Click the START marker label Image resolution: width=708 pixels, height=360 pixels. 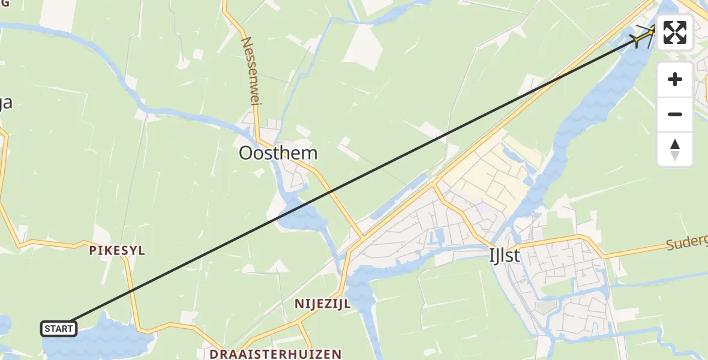(x=58, y=329)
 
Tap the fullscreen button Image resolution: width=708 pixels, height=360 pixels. (x=675, y=32)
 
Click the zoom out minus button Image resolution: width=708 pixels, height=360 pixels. (x=675, y=114)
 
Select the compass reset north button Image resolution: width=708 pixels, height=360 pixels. (x=675, y=149)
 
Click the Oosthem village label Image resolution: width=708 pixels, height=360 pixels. (x=278, y=153)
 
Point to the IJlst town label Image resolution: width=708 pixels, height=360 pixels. (x=504, y=256)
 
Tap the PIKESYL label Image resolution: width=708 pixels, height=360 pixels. (x=117, y=251)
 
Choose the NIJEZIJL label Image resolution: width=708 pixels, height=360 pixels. (x=322, y=304)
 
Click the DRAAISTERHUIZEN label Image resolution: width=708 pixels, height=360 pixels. (x=275, y=354)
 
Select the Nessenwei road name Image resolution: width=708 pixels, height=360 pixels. (x=250, y=71)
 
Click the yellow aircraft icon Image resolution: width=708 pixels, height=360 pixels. (x=644, y=37)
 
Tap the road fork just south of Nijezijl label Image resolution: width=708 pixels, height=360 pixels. (x=300, y=325)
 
